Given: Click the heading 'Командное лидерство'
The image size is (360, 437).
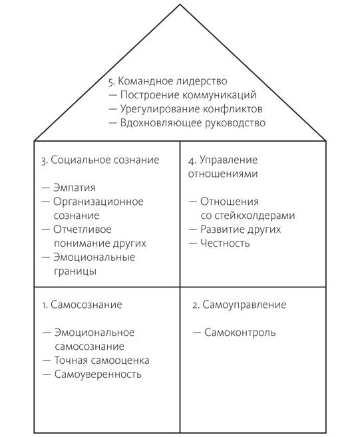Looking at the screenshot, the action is tap(172, 81).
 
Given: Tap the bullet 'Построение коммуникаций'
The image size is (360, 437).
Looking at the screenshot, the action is tap(188, 95).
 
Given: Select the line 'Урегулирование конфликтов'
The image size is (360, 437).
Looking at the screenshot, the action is tap(191, 109).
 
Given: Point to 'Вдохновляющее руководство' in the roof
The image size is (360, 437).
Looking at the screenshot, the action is tap(193, 123).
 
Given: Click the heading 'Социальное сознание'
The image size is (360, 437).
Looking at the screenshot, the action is tap(105, 160).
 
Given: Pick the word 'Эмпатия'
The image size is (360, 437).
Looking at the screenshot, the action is tap(74, 188).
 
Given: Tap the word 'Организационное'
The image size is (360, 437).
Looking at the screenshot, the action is tap(98, 202).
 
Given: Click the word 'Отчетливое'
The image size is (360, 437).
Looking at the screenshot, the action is tap(83, 229).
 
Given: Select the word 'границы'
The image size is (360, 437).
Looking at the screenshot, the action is tap(75, 271).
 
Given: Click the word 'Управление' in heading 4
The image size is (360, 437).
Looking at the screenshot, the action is tap(229, 160).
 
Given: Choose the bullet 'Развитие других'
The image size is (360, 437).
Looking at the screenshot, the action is tap(240, 229).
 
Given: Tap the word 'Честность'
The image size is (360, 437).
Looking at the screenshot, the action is tap(225, 243).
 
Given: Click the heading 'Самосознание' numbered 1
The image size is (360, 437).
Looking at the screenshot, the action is tap(87, 305).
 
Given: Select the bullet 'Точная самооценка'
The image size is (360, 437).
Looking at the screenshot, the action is tap(102, 361).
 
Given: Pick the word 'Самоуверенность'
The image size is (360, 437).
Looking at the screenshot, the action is tap(98, 374).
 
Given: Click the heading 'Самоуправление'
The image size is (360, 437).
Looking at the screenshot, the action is tap(244, 305).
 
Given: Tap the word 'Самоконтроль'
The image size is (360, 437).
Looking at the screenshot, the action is tap(240, 333).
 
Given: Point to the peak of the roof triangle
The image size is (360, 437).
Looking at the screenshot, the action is tap(180, 4).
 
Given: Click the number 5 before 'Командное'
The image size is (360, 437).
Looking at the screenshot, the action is tap(112, 82).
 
